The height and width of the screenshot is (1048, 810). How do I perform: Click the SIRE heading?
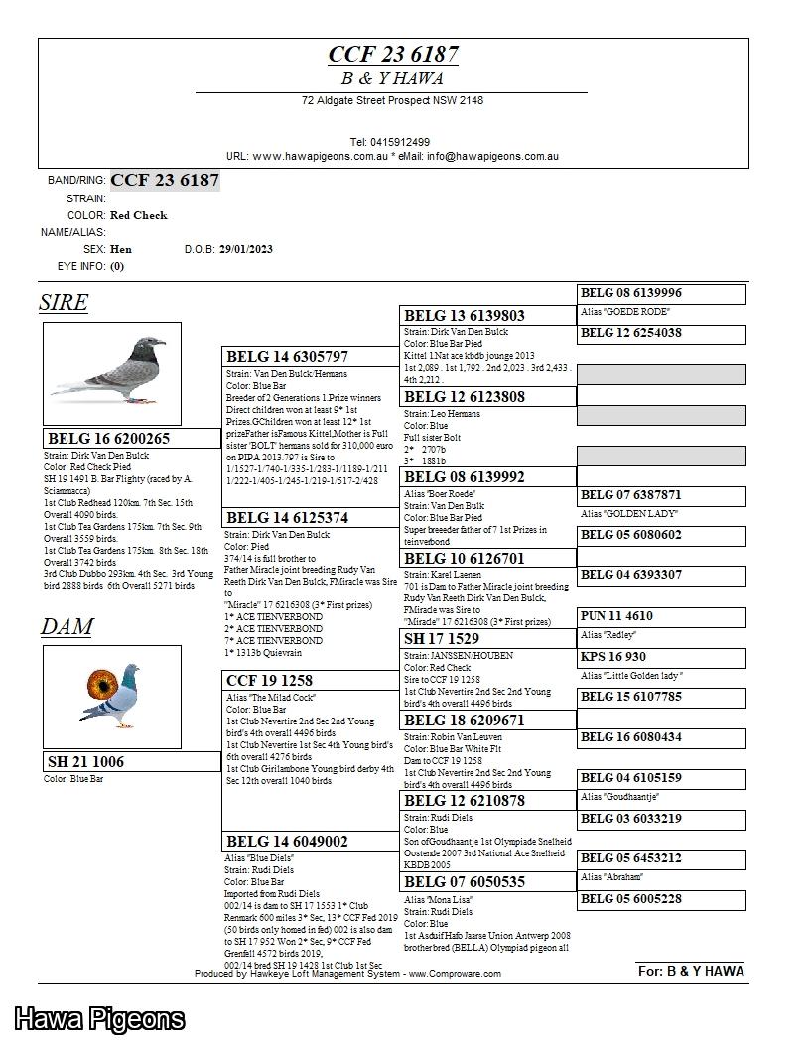click(64, 303)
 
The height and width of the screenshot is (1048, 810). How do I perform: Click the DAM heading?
click(67, 627)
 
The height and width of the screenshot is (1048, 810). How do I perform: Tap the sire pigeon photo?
click(111, 372)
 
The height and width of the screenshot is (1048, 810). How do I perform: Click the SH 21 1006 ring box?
click(86, 762)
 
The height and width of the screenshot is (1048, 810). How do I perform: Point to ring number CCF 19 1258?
click(270, 681)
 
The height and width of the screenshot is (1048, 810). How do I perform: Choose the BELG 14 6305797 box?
click(288, 357)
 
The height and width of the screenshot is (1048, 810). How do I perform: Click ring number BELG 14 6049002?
click(288, 842)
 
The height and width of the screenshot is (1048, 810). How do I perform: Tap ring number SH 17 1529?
click(442, 639)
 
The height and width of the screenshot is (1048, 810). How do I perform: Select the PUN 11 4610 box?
click(617, 616)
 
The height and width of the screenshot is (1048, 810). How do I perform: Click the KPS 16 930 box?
click(613, 657)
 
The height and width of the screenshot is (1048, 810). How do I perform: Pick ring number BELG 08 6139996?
click(631, 293)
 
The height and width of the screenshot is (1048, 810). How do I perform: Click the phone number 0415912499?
click(390, 142)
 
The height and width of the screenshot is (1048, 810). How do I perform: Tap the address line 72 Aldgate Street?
click(392, 101)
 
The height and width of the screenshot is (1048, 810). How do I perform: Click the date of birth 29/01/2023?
click(246, 249)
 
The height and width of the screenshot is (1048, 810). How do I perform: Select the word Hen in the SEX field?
click(121, 249)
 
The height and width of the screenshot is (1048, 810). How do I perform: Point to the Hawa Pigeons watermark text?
click(99, 1019)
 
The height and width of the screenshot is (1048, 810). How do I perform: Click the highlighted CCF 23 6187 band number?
click(165, 180)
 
